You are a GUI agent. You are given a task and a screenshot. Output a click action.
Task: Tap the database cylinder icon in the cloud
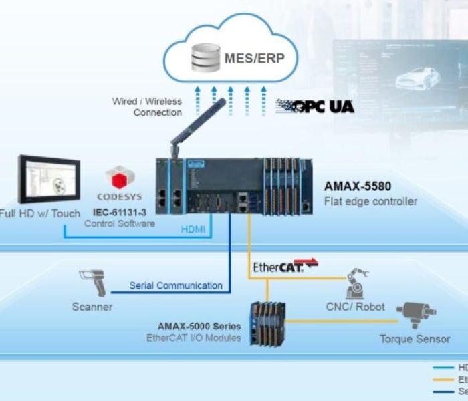[x=205, y=57]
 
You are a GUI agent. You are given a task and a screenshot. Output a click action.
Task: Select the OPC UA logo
[x=315, y=106]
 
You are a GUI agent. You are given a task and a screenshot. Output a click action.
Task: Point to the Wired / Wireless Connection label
[x=147, y=107]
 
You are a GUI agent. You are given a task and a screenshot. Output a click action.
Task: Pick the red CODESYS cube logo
[x=118, y=178]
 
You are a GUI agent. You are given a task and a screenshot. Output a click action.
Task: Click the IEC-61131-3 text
[x=120, y=213]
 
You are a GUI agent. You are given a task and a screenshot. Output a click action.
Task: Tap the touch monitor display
[x=48, y=180]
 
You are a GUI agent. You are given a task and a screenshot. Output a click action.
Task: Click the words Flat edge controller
[x=370, y=201]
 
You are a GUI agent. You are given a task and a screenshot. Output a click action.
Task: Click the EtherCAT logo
[x=285, y=267]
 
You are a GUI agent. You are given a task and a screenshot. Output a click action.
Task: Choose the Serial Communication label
[x=176, y=285]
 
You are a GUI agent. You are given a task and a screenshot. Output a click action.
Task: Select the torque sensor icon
[x=415, y=314]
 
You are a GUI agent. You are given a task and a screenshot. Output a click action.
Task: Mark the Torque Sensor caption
[x=415, y=339]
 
